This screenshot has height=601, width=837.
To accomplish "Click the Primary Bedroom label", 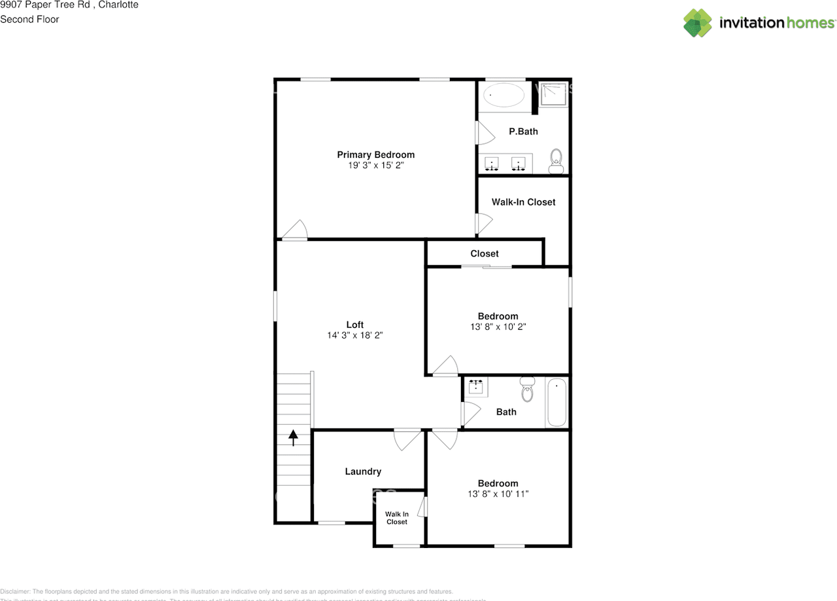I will pyautogui.click(x=375, y=155).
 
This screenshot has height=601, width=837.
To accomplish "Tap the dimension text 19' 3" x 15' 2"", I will pyautogui.click(x=375, y=166).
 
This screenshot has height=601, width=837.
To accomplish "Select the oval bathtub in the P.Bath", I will pyautogui.click(x=504, y=96).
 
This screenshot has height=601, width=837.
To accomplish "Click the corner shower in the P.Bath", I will pyautogui.click(x=554, y=95).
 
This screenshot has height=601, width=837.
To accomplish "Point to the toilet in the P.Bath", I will pyautogui.click(x=556, y=160).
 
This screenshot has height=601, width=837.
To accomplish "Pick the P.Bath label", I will pyautogui.click(x=523, y=132).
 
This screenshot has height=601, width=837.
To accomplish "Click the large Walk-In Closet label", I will pyautogui.click(x=523, y=202).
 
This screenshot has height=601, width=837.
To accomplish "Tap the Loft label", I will pyautogui.click(x=354, y=325).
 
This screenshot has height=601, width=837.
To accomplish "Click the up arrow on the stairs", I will pyautogui.click(x=293, y=437).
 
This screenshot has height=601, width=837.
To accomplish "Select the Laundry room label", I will pyautogui.click(x=363, y=471).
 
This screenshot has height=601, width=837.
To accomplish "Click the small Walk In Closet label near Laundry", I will pyautogui.click(x=396, y=518).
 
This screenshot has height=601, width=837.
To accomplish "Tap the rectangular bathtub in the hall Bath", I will pyautogui.click(x=556, y=403).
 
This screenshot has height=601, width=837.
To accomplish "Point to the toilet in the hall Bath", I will pyautogui.click(x=528, y=389).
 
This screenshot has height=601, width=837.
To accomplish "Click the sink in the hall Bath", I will pyautogui.click(x=475, y=387).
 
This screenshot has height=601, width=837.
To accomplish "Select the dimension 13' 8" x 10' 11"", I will pyautogui.click(x=498, y=494).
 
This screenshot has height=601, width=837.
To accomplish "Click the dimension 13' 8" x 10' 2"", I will pyautogui.click(x=498, y=327).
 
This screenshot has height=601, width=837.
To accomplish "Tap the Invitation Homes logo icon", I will pyautogui.click(x=697, y=23).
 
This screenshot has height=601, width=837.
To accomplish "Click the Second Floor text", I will pyautogui.click(x=29, y=19).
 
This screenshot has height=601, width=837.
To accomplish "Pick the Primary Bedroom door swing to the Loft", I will pyautogui.click(x=296, y=230).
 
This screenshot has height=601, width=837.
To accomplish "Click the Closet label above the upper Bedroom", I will pyautogui.click(x=484, y=253).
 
